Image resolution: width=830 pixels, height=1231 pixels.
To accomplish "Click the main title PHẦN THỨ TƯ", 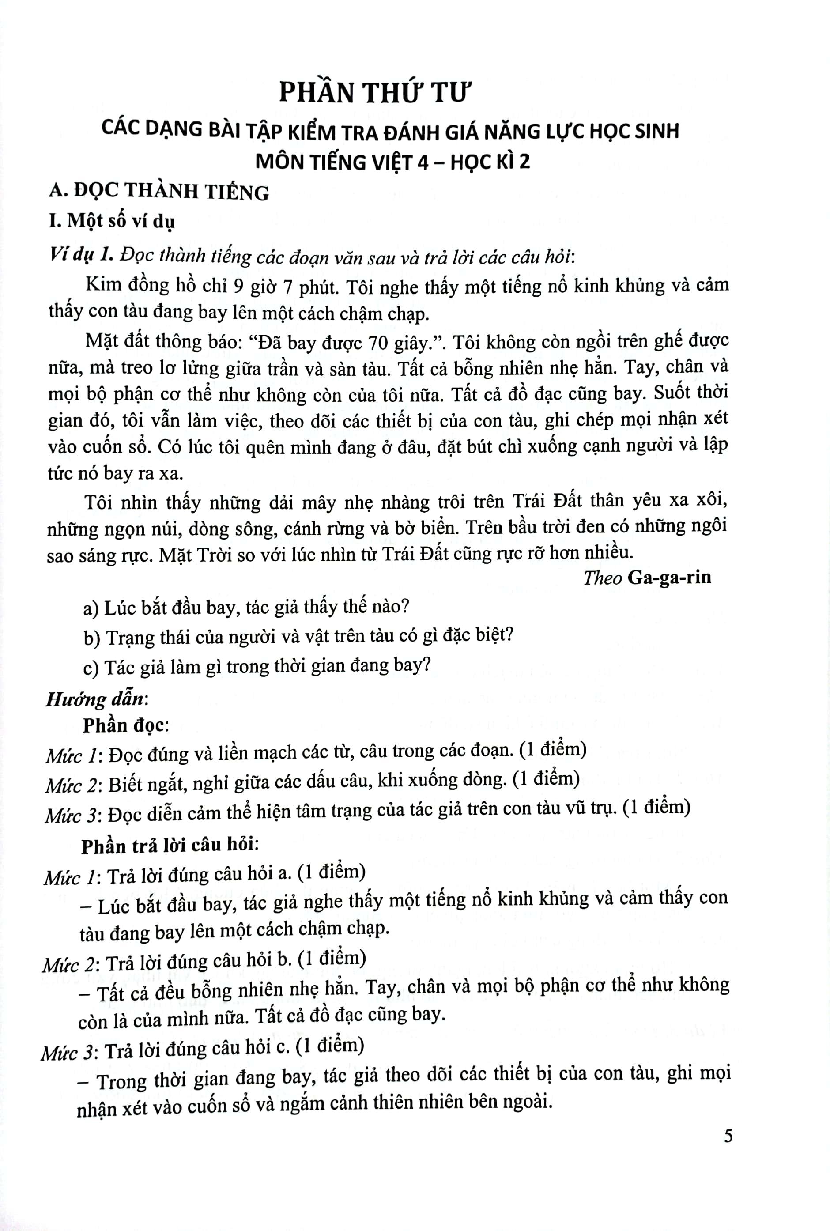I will (374, 93).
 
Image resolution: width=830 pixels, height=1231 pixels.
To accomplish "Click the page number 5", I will (728, 1136).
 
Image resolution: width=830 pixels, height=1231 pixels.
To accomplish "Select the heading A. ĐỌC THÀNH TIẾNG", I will (159, 192).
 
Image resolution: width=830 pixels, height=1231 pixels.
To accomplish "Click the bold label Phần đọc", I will (125, 725).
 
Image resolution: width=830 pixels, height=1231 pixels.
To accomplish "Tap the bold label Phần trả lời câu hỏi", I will (170, 845).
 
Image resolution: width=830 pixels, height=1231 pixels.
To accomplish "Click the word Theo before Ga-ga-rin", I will (602, 578).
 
